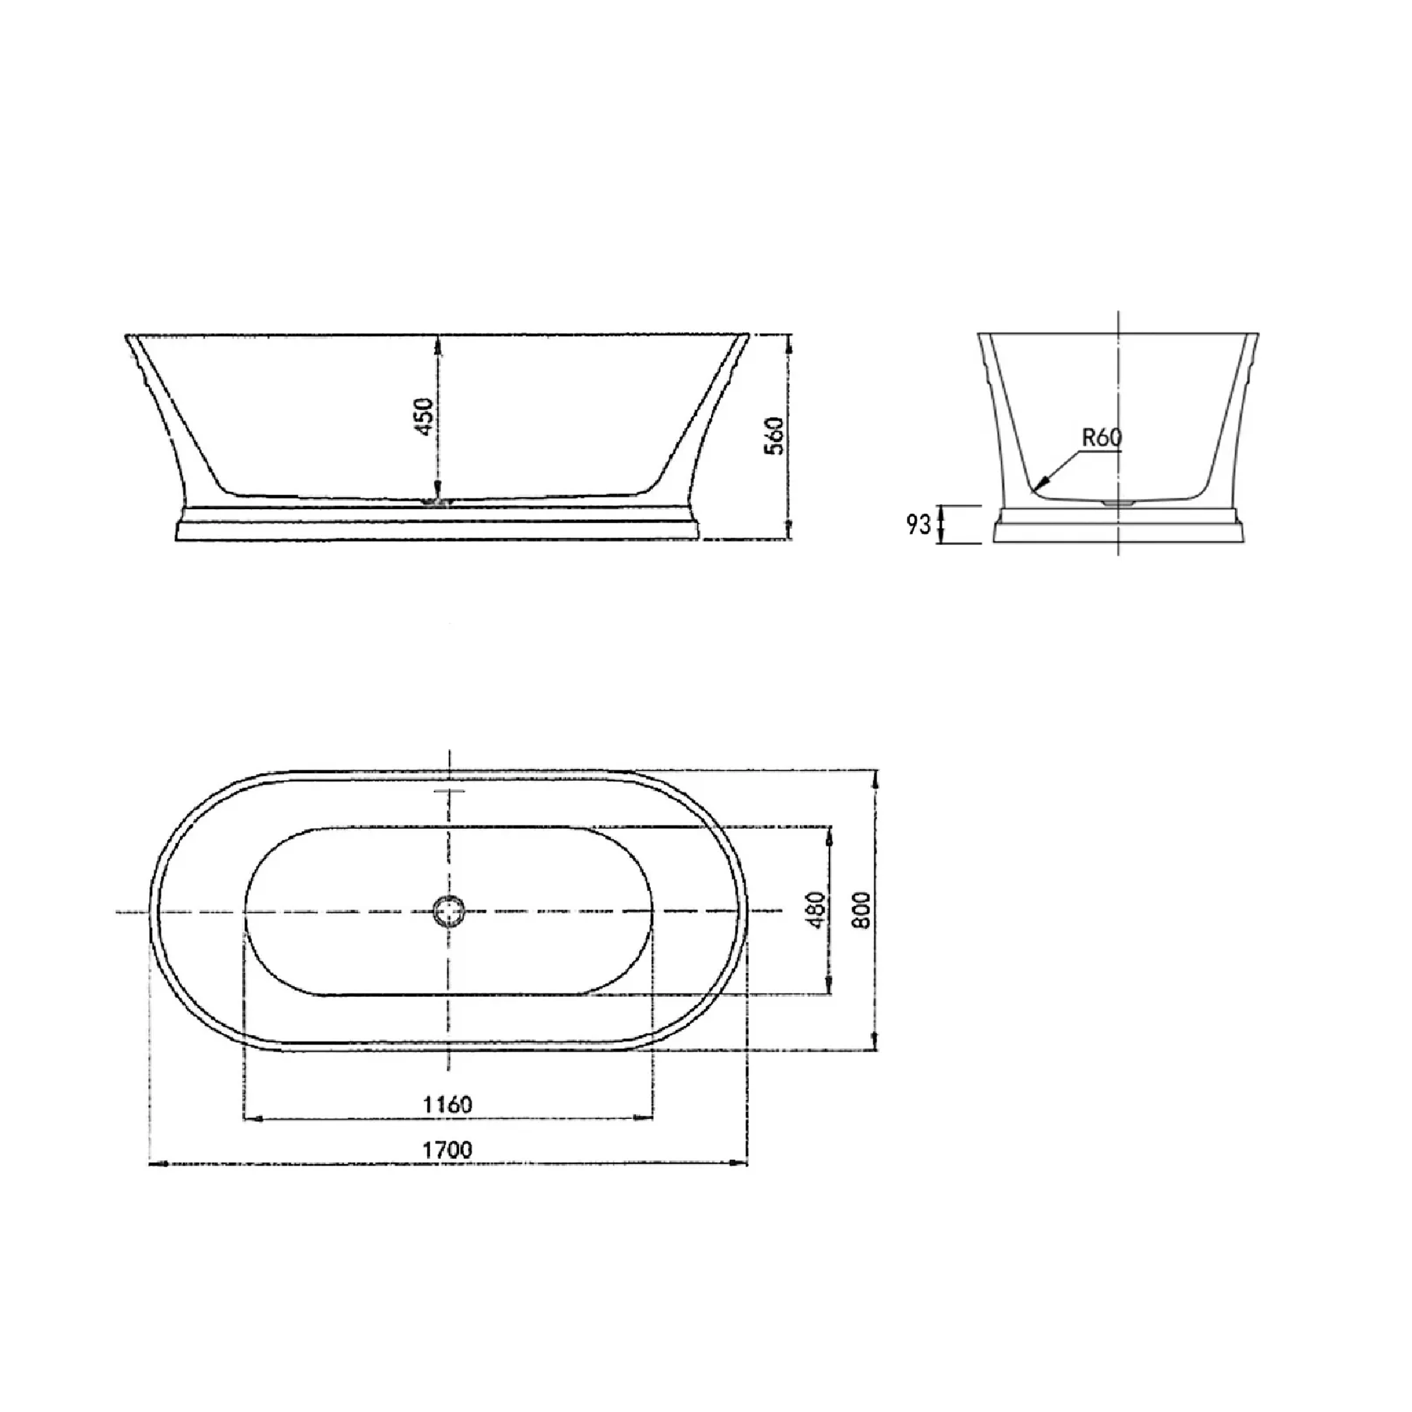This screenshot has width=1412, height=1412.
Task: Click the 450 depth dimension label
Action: point(424,417)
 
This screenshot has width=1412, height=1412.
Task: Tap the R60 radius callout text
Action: point(1101,438)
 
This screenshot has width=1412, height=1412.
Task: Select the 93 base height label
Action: point(918,524)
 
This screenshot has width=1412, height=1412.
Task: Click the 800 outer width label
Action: point(863,910)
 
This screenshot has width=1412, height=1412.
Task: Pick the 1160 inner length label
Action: point(448,1104)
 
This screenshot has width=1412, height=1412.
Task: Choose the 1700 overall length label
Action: point(448,1149)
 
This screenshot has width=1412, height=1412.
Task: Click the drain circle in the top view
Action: point(448,911)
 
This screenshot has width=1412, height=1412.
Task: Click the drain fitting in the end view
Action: point(1118,503)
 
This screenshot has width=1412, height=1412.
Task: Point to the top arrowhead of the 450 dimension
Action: point(438,342)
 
